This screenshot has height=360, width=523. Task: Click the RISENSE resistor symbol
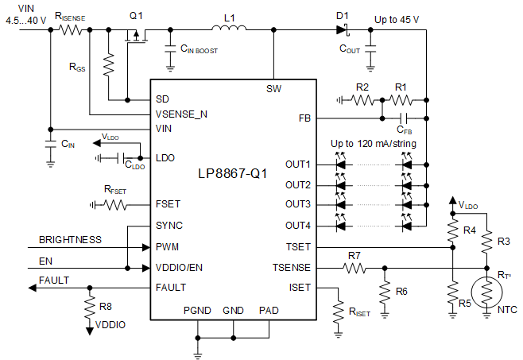coord(70,31)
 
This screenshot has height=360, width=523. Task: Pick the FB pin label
coord(305,118)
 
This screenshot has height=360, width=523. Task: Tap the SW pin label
coord(273,88)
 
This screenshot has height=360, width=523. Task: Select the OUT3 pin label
coord(298,205)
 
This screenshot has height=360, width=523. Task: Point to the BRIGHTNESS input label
coord(70,238)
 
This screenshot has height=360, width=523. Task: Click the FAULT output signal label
coord(54,280)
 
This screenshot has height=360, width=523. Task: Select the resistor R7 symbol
coord(354,268)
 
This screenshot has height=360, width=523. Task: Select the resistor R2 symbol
coord(362,100)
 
